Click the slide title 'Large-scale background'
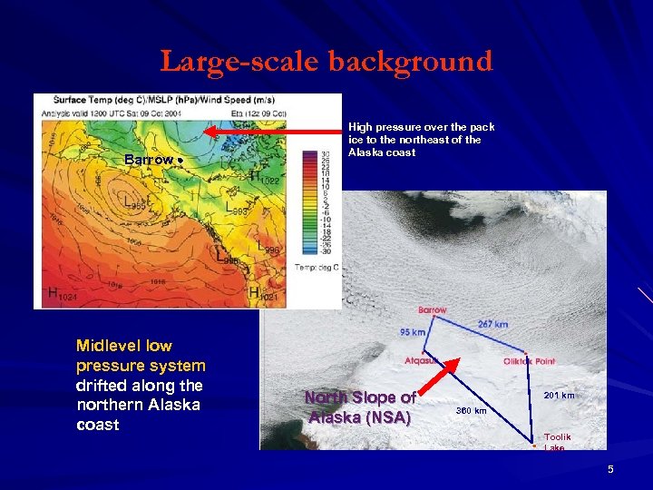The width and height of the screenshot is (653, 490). click(326, 61)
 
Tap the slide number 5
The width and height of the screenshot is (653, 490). click(610, 468)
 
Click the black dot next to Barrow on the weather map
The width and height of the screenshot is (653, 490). click(180, 160)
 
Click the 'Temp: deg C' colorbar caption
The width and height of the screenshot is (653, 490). click(317, 267)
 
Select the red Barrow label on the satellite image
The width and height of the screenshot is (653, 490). click(433, 310)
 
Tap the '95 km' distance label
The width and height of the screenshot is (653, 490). click(413, 332)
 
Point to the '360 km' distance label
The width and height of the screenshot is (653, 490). click(472, 411)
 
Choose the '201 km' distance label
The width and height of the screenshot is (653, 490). click(558, 396)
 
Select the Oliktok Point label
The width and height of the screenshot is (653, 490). click(530, 361)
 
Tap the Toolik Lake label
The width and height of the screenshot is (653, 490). click(557, 442)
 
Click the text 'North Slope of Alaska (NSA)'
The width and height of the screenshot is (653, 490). click(360, 407)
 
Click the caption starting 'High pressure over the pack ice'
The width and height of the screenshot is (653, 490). click(421, 140)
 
